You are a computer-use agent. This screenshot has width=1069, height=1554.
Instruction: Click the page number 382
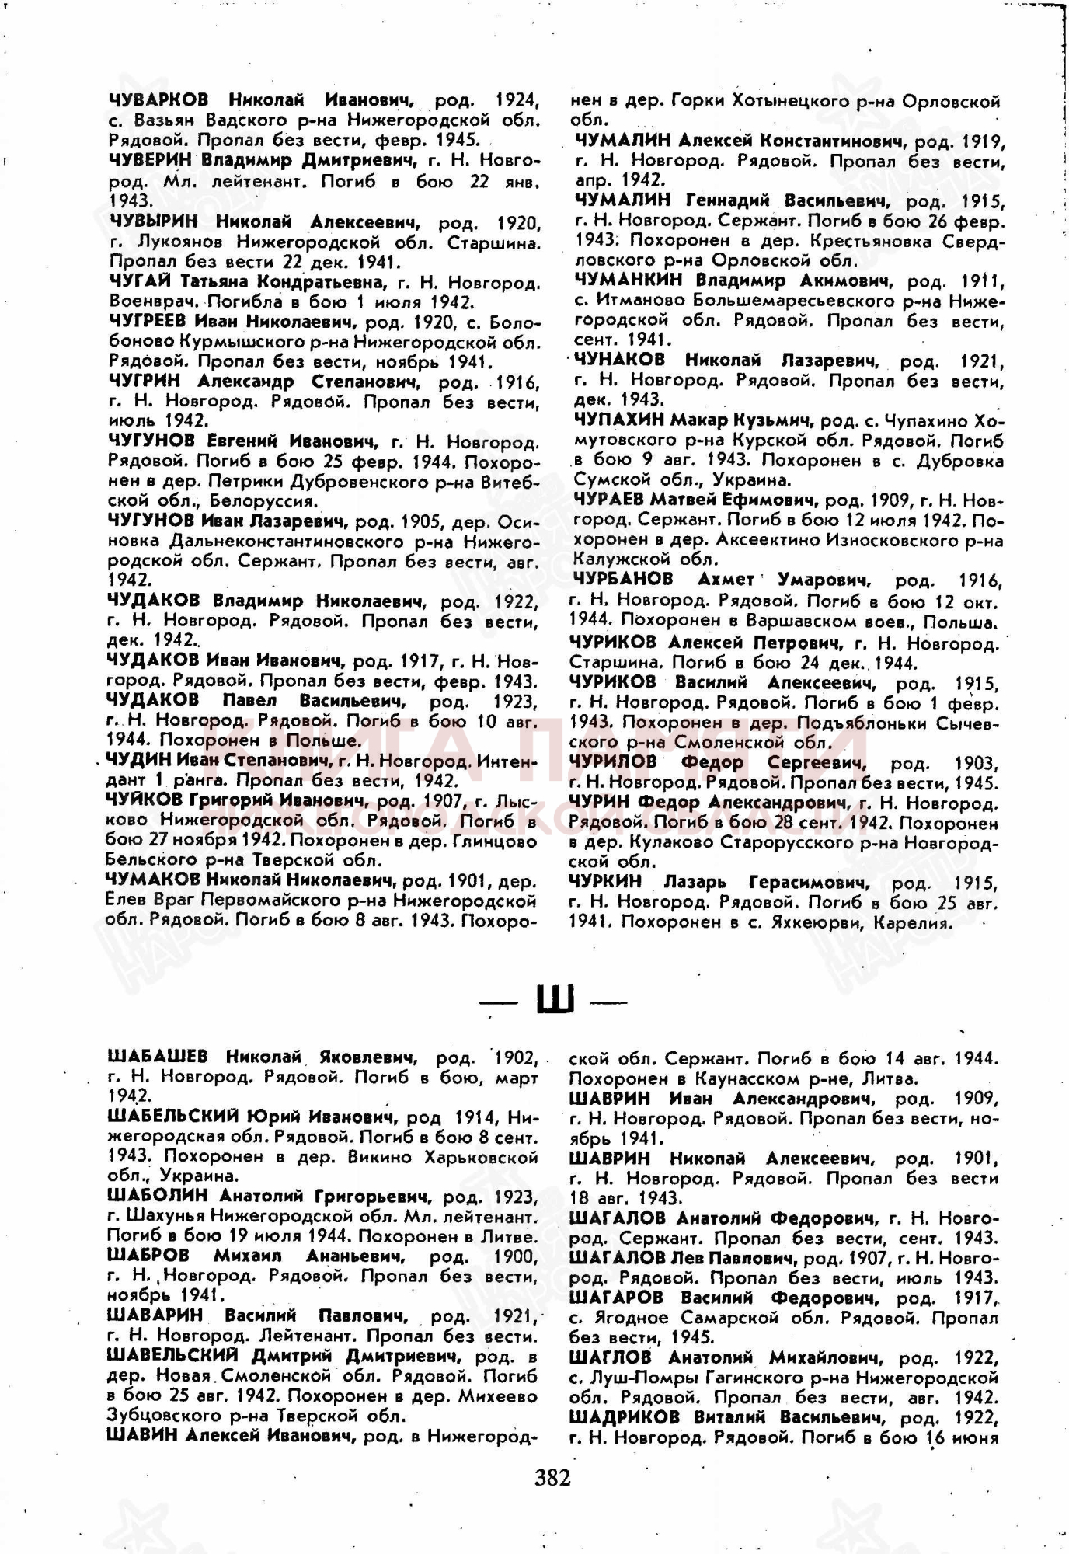pos(552,1476)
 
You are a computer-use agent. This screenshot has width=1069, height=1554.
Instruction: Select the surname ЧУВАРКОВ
pos(158,100)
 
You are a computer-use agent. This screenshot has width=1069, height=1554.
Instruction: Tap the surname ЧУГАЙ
pos(140,281)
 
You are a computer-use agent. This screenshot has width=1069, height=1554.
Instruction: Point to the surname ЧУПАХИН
pos(618,421)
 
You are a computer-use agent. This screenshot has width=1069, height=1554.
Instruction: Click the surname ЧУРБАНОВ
pos(624,580)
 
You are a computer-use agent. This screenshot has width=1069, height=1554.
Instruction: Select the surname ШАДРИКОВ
pos(624,1416)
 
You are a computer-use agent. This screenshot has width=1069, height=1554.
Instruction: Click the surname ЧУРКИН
pos(607,882)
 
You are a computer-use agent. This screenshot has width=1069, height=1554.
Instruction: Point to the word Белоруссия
pos(270,502)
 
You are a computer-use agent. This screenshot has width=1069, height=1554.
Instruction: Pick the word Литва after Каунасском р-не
pos(890,1078)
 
